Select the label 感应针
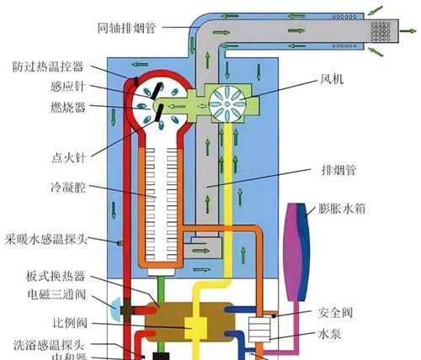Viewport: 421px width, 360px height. pos(58,87)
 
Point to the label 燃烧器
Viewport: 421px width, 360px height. pos(58,108)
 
